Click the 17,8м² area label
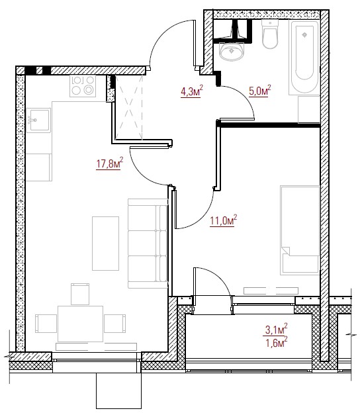110,163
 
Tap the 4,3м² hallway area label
192,91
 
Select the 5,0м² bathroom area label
259,91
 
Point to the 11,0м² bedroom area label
223,220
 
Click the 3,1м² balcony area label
275,329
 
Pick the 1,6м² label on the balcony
277,343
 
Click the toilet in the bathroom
270,34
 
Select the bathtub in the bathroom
304,57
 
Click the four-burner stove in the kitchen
83,86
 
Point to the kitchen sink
38,120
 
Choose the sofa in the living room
148,244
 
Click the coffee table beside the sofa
105,244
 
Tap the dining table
80,324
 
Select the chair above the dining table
80,295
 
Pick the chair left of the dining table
46,324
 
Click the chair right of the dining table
115,324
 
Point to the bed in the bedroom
300,230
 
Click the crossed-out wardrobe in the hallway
129,107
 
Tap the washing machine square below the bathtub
309,110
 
